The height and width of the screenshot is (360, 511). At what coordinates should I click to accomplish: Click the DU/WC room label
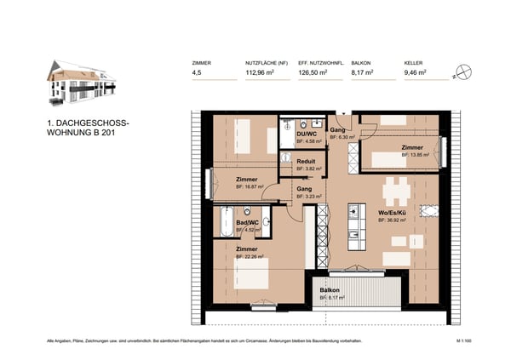(307, 134)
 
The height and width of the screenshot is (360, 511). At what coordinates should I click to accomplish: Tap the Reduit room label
(307, 161)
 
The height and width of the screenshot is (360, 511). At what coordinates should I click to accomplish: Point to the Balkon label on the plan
(330, 289)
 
